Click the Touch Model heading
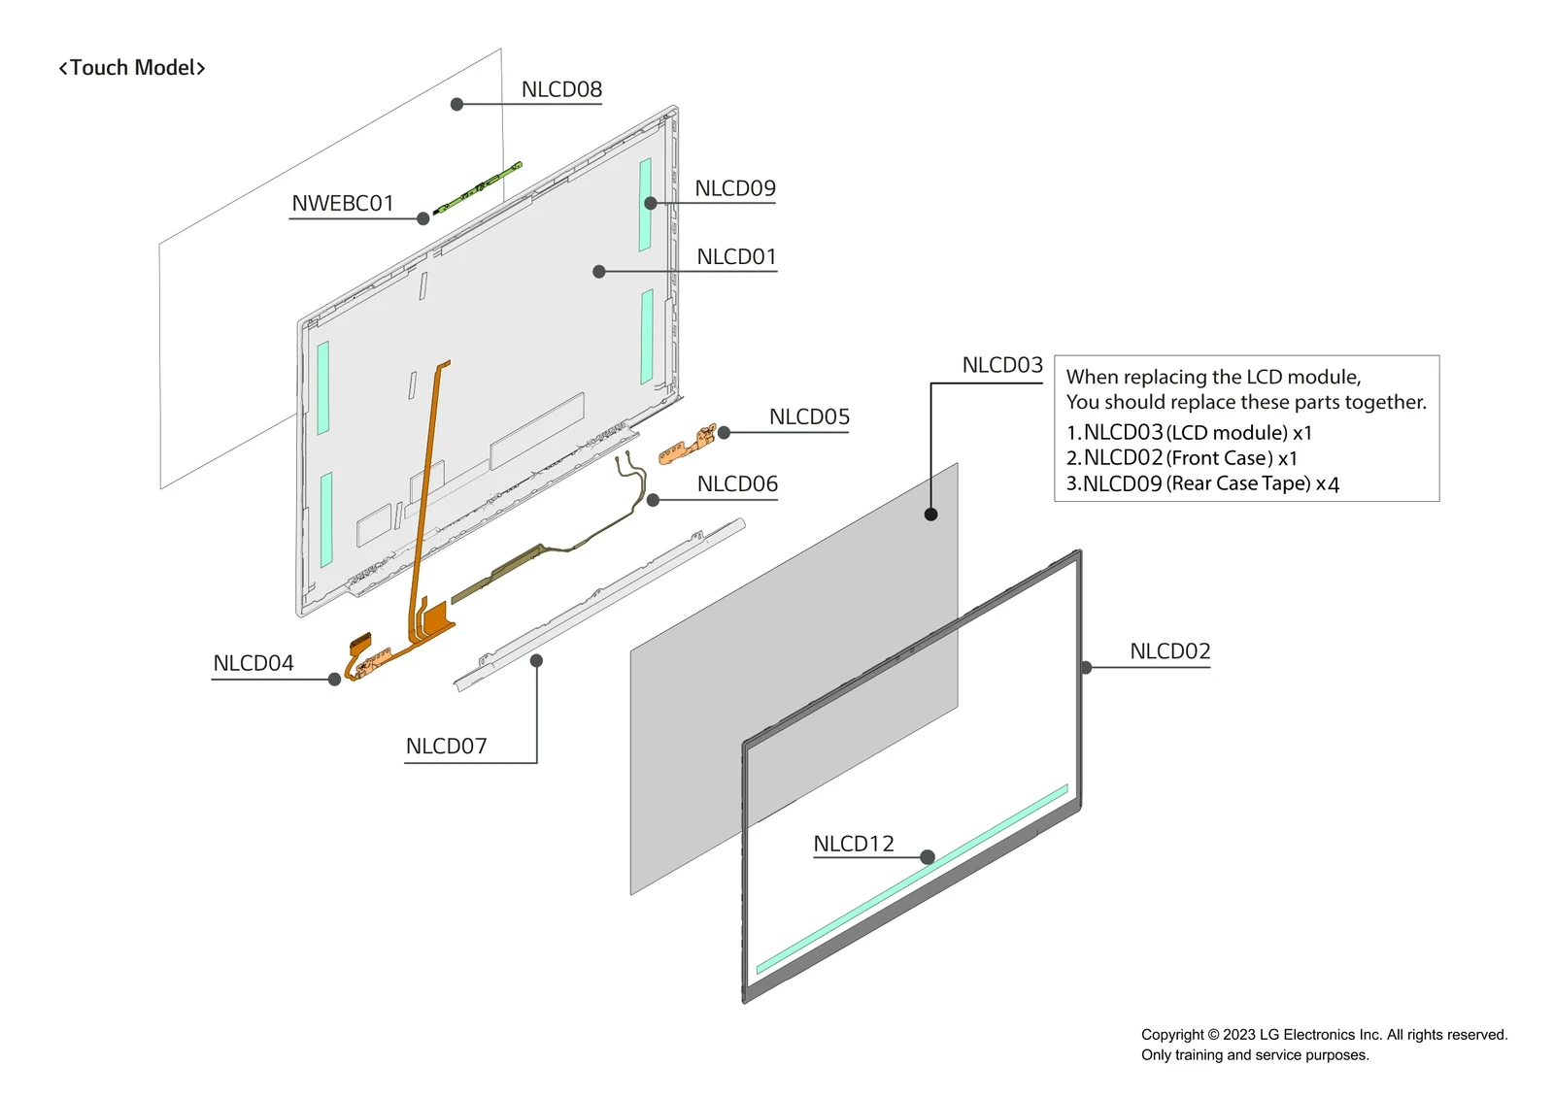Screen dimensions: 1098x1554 132,68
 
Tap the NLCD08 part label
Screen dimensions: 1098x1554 561,89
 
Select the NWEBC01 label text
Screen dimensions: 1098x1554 343,204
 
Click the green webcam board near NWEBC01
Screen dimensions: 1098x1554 478,188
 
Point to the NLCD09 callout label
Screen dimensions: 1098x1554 735,188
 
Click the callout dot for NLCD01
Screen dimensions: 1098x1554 599,272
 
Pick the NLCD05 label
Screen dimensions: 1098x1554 809,417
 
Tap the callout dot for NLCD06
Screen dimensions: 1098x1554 653,500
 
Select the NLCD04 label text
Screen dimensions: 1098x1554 253,663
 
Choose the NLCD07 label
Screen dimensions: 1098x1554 446,747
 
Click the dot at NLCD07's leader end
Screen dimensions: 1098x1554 536,661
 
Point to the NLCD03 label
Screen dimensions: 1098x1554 1002,365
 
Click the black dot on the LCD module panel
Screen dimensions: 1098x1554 930,515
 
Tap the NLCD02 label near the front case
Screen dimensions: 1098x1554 1170,651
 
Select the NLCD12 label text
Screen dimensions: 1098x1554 854,845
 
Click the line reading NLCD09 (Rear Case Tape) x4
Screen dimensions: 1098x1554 1202,483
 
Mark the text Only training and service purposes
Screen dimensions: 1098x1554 1255,1055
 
